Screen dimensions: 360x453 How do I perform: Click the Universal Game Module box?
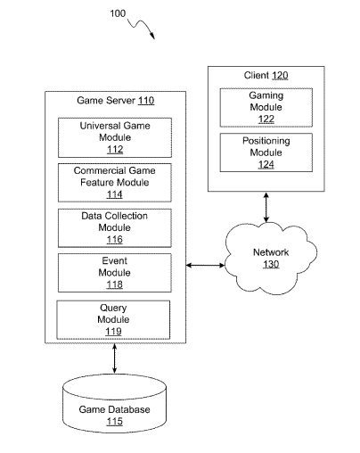click(x=115, y=137)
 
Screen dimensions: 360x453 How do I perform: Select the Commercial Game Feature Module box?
click(x=115, y=183)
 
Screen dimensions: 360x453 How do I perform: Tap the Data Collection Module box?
click(x=115, y=228)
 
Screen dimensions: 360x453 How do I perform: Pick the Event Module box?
click(x=115, y=273)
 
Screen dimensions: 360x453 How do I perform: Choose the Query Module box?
click(x=113, y=319)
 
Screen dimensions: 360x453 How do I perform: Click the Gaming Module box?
click(x=266, y=107)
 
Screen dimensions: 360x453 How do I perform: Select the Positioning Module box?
click(x=266, y=152)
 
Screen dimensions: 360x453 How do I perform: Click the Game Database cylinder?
click(x=114, y=403)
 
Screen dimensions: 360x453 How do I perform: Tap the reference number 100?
click(x=118, y=13)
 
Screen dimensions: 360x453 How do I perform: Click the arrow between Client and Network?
click(x=266, y=207)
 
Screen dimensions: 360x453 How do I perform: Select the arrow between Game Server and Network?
click(x=205, y=265)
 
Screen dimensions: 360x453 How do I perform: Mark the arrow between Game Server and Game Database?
click(x=115, y=358)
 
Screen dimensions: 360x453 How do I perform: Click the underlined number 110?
click(x=146, y=101)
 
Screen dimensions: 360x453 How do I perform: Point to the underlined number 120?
click(x=280, y=76)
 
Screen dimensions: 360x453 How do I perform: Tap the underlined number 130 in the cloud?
click(x=271, y=264)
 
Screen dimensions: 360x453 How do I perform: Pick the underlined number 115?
click(x=114, y=422)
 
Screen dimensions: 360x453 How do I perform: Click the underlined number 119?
click(x=113, y=332)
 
